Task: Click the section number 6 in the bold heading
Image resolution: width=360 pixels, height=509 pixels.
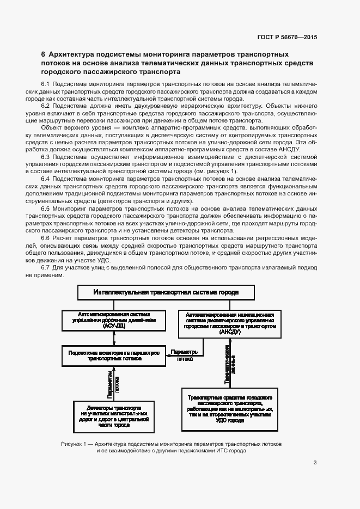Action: pyautogui.click(x=44, y=54)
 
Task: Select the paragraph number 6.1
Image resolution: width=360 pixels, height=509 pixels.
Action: pyautogui.click(x=46, y=84)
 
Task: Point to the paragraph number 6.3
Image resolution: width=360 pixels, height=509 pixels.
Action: pyautogui.click(x=46, y=156)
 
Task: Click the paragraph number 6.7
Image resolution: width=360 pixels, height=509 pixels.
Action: pyautogui.click(x=46, y=268)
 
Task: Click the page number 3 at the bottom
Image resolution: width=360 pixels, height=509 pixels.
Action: pyautogui.click(x=315, y=463)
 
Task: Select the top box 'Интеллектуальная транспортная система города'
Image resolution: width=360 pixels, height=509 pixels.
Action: pyautogui.click(x=166, y=292)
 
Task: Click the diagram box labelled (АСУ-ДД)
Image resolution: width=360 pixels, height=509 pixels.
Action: pyautogui.click(x=113, y=321)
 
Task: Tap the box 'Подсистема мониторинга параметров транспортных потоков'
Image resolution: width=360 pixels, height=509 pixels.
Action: pyautogui.click(x=113, y=356)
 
